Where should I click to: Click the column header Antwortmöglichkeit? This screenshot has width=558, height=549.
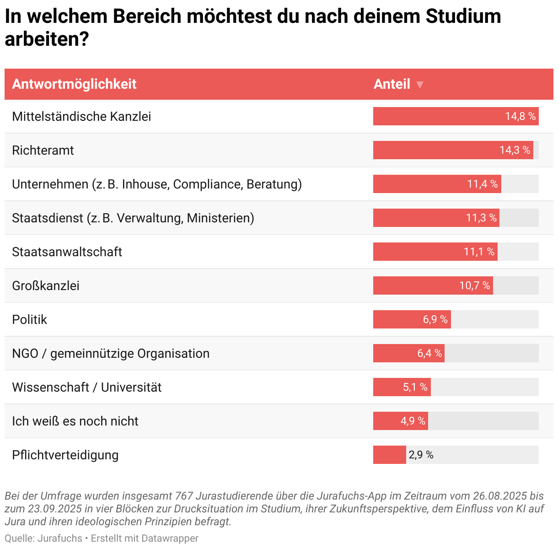point(74,84)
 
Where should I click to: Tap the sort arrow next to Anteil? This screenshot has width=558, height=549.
point(420,85)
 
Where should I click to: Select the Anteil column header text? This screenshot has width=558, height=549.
point(392,84)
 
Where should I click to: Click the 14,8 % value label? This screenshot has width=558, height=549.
point(520,116)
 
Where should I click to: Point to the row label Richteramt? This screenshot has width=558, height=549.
point(43,150)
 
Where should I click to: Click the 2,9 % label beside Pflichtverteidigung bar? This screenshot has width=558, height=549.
point(421,455)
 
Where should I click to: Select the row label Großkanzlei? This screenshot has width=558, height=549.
point(46,285)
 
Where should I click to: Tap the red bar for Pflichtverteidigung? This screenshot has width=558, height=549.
point(389,455)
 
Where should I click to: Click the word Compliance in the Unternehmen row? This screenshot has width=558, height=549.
point(208,184)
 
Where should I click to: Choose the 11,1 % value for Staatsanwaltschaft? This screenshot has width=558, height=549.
point(479,252)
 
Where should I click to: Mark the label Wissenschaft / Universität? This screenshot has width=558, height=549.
point(87,387)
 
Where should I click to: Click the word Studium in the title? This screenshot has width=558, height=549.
point(463,16)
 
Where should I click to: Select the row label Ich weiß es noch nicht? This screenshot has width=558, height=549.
point(75,421)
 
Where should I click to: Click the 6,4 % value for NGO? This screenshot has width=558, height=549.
point(429,353)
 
